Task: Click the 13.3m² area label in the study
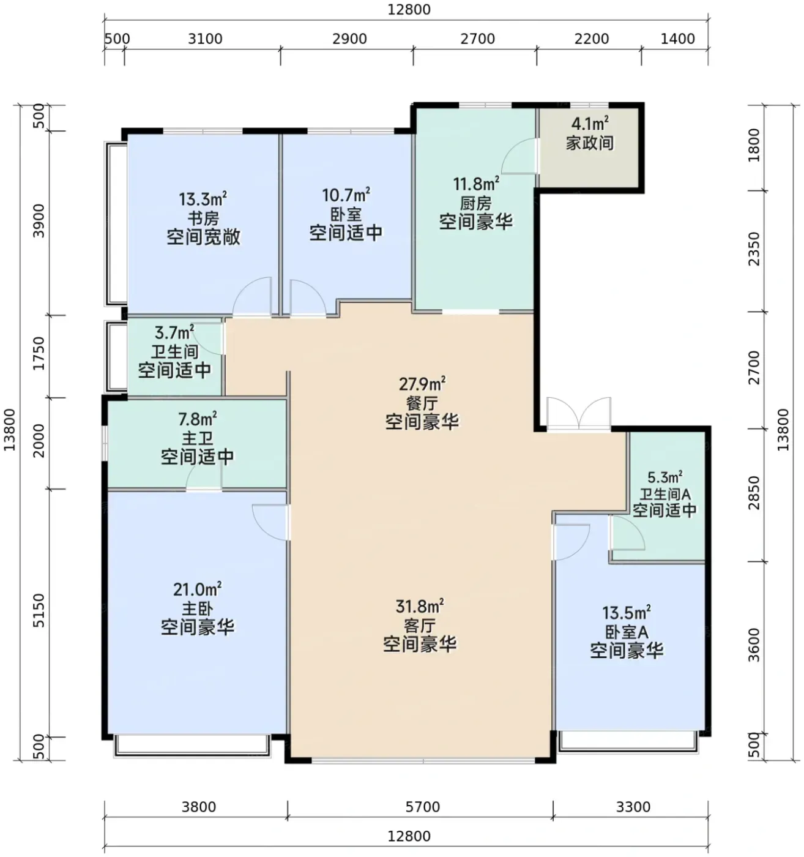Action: pyautogui.click(x=203, y=199)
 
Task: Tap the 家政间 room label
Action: pyautogui.click(x=590, y=143)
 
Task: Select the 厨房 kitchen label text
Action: pyautogui.click(x=476, y=203)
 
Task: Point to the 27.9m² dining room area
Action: pyautogui.click(x=422, y=383)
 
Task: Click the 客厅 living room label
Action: pyautogui.click(x=420, y=625)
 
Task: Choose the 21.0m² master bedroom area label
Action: pyautogui.click(x=197, y=589)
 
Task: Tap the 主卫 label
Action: pyautogui.click(x=197, y=439)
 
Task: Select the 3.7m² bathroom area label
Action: pyautogui.click(x=174, y=333)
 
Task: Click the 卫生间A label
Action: pyautogui.click(x=664, y=493)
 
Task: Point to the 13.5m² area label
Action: pyautogui.click(x=627, y=612)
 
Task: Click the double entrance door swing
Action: pyautogui.click(x=579, y=413)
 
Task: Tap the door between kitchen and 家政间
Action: pyautogui.click(x=520, y=155)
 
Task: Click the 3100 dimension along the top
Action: pyautogui.click(x=206, y=39)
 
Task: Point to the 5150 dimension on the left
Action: pyautogui.click(x=39, y=610)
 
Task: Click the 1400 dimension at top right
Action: pyautogui.click(x=677, y=39)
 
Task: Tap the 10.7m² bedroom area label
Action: pyautogui.click(x=346, y=195)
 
